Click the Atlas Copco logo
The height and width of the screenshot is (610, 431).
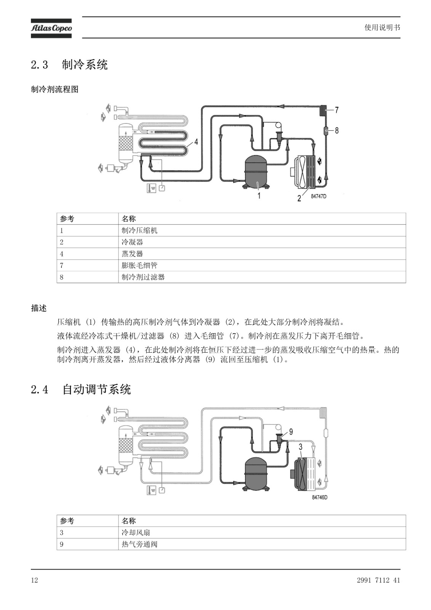tap(51, 28)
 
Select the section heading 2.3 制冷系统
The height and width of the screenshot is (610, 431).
tap(69, 65)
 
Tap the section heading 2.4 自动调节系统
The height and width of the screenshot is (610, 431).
tap(81, 389)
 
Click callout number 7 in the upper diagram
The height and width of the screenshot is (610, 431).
tap(337, 110)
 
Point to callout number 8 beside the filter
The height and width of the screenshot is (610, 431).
tap(337, 131)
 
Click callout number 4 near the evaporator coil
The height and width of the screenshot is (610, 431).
tap(196, 142)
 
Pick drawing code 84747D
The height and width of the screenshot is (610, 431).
tap(319, 197)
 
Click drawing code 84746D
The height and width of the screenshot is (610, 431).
tap(320, 498)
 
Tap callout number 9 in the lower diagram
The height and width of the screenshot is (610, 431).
tap(291, 432)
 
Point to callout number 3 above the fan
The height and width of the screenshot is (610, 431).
tap(301, 447)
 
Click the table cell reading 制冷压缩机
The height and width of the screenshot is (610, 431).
tap(139, 231)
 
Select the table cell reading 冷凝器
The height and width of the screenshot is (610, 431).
tap(132, 242)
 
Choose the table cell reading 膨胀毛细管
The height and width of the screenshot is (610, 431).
tap(139, 265)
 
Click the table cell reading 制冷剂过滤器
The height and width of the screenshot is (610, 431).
tap(143, 277)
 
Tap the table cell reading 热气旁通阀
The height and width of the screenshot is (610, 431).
tap(139, 544)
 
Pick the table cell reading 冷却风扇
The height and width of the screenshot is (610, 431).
tap(136, 533)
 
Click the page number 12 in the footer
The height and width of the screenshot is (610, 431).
tap(35, 580)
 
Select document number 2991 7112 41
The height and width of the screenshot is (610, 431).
tap(378, 580)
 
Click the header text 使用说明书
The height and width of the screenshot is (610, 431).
tap(382, 27)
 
